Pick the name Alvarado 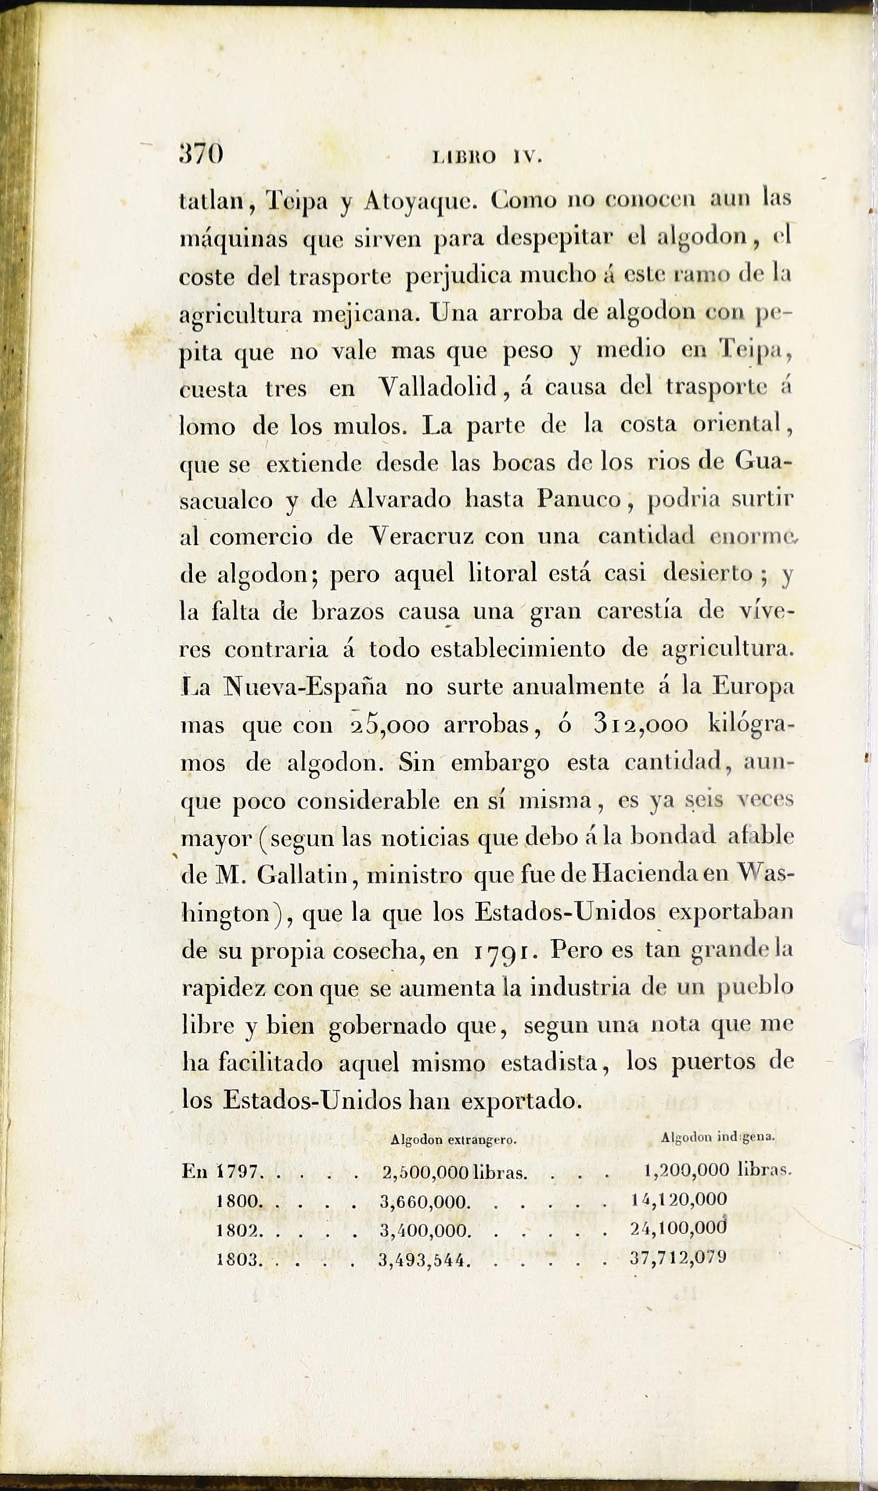[x=399, y=500]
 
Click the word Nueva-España [x=306, y=687]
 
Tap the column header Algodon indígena [x=718, y=1137]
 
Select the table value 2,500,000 [x=426, y=1173]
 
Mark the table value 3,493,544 [x=425, y=1259]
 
